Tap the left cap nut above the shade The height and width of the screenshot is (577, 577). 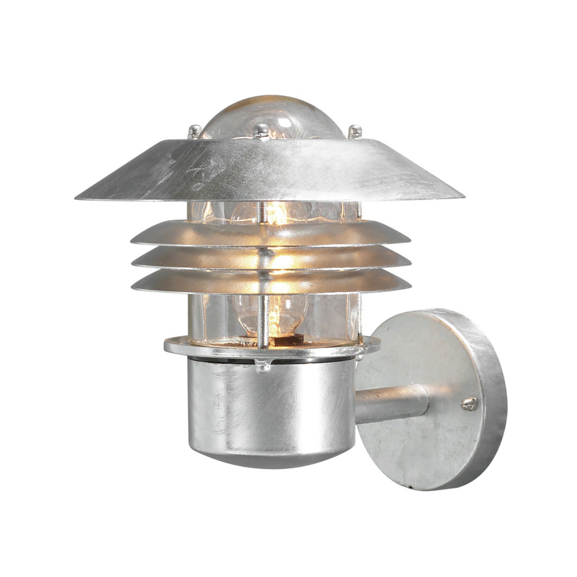coord(195,131)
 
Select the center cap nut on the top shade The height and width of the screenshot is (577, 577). coord(261,131)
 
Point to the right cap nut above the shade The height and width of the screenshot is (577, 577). coord(354,131)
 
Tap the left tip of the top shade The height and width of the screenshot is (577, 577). coord(78,197)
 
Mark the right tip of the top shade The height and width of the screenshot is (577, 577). coord(460,197)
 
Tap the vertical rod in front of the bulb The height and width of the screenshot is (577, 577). coord(262,316)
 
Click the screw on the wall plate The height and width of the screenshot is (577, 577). coord(468,403)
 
